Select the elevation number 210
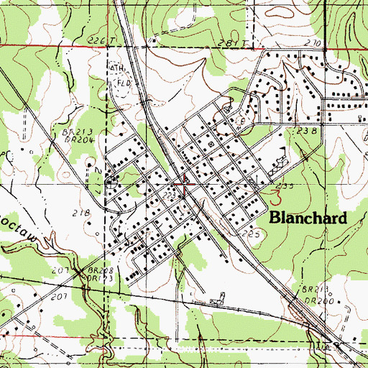[x=312, y=44]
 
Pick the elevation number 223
[x=169, y=195]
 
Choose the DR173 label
[x=94, y=277]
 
